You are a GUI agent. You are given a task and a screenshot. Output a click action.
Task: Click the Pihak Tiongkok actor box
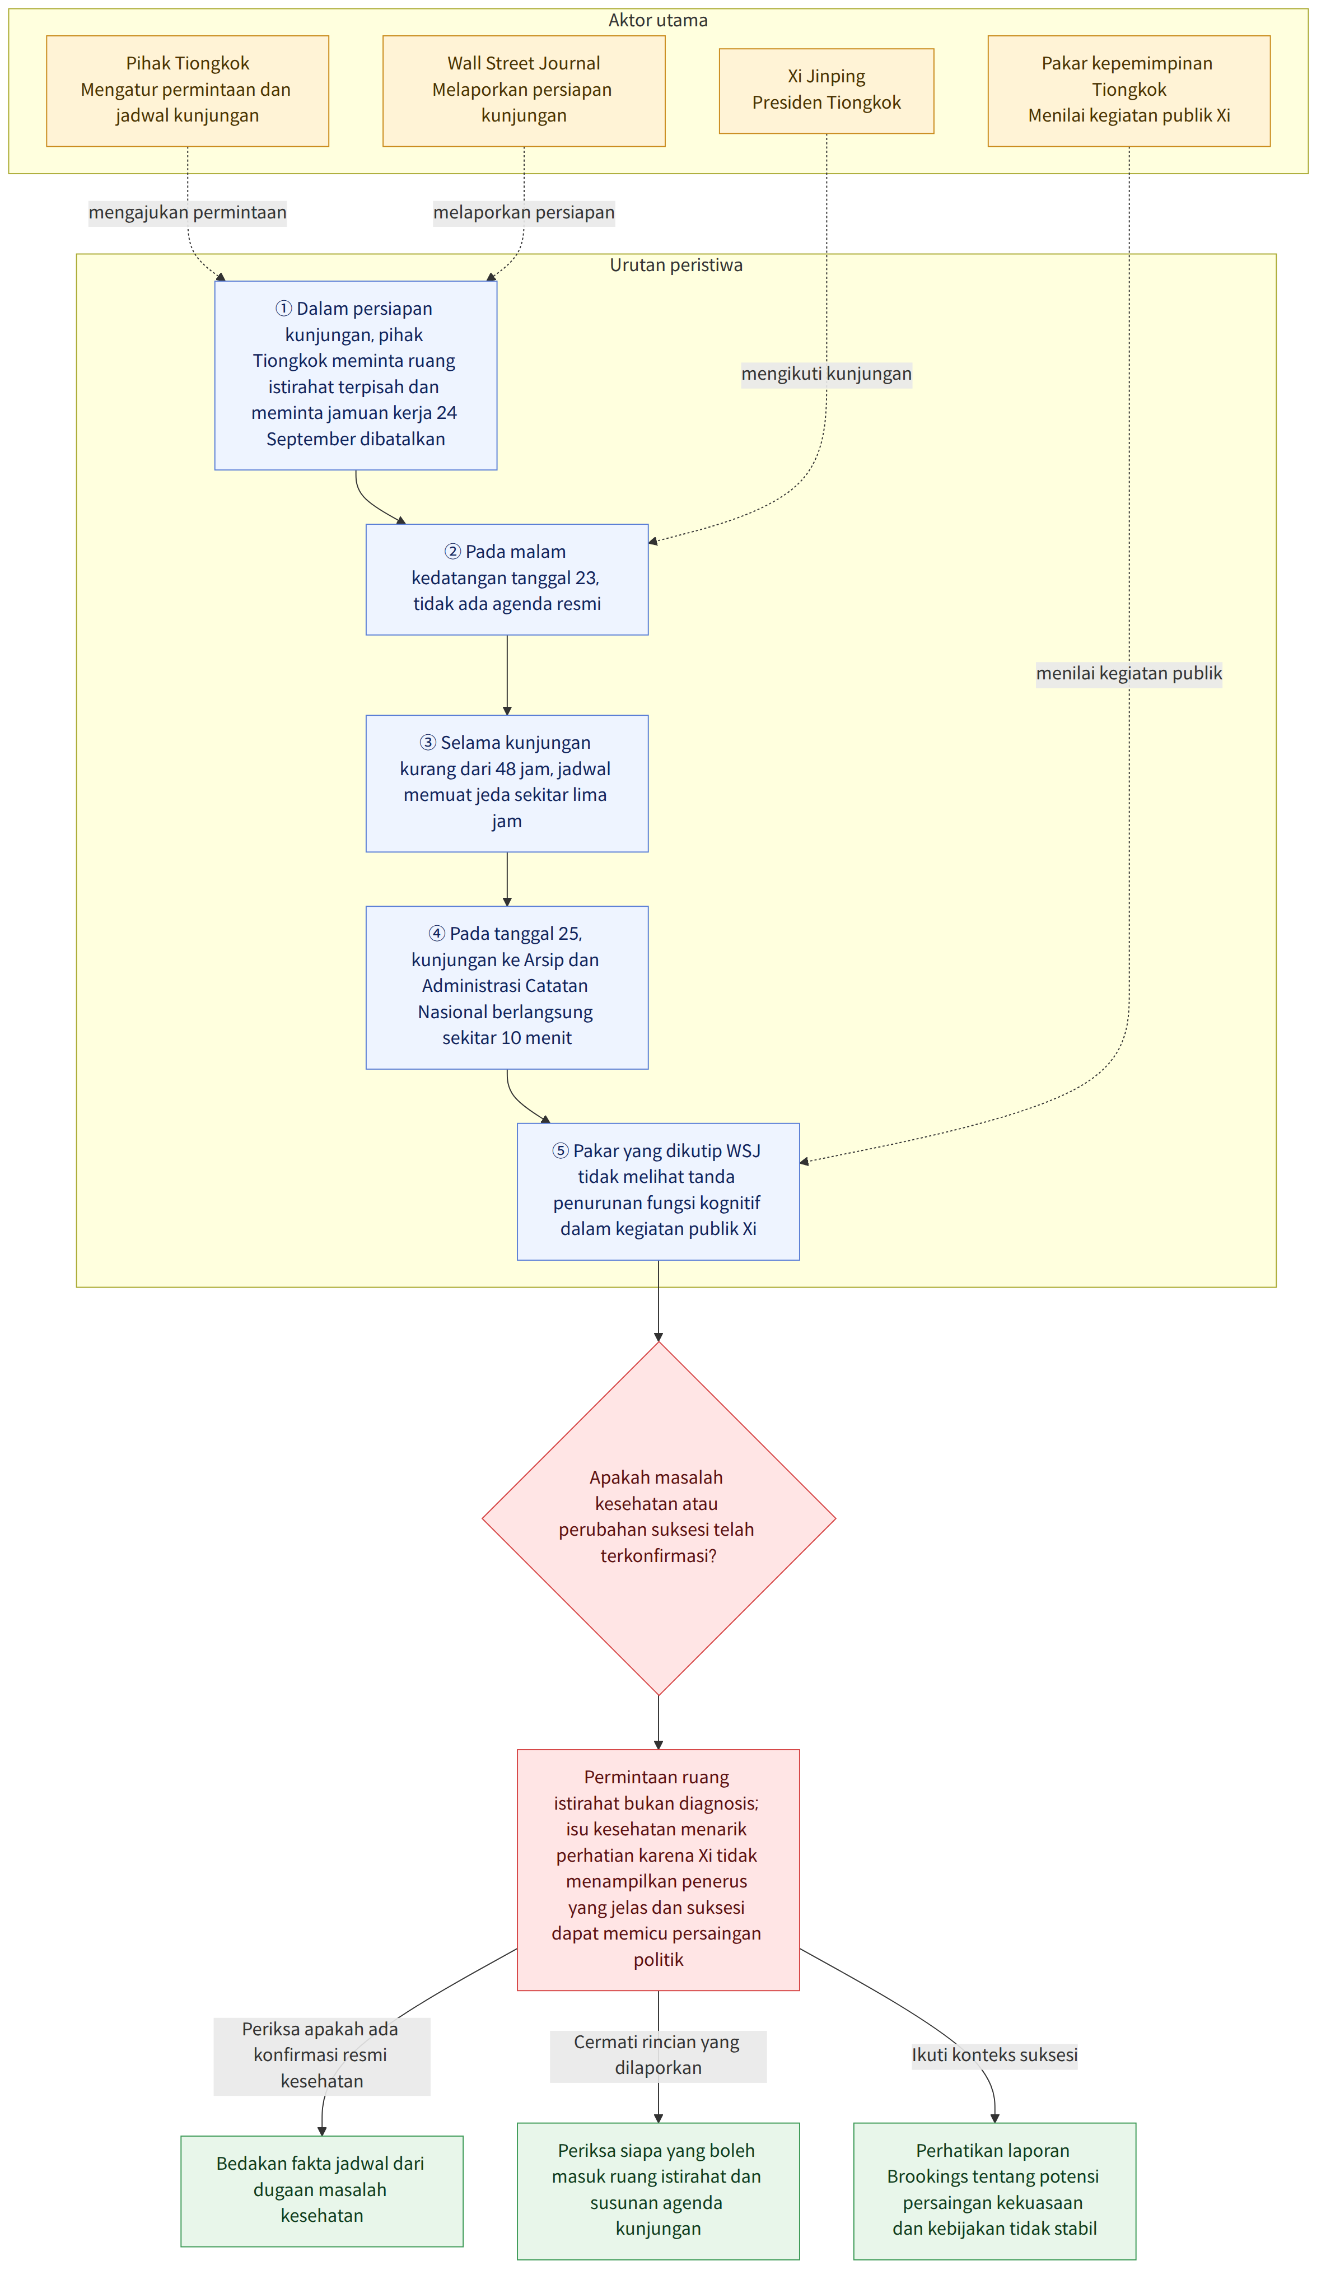click(x=188, y=91)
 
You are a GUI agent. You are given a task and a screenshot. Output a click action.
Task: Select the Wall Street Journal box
click(x=524, y=91)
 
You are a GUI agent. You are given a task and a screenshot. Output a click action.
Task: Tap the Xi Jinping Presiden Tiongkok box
click(x=827, y=91)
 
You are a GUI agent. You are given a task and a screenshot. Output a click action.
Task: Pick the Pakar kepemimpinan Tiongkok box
click(x=1129, y=91)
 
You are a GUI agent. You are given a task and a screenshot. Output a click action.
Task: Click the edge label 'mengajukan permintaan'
click(x=188, y=213)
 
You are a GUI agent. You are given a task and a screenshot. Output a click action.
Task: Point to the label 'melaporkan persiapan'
click(x=524, y=213)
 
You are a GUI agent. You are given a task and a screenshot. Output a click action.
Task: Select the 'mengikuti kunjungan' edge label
click(x=827, y=374)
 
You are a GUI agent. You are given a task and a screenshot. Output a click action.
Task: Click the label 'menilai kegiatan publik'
click(x=1129, y=673)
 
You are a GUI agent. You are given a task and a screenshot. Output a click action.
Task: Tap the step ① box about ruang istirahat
click(x=355, y=375)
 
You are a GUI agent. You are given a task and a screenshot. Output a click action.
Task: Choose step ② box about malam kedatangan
click(x=507, y=579)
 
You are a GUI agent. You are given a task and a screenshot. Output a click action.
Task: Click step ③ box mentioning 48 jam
click(x=507, y=783)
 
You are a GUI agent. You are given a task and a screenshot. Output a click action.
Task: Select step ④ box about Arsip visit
click(x=507, y=987)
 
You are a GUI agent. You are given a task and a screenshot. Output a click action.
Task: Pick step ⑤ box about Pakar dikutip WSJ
click(x=658, y=1191)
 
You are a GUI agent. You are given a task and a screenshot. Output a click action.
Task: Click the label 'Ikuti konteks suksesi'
click(x=994, y=2055)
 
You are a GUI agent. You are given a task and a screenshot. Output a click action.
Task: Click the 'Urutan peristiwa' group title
click(x=676, y=265)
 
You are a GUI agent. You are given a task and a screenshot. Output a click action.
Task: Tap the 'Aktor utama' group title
click(x=658, y=21)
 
